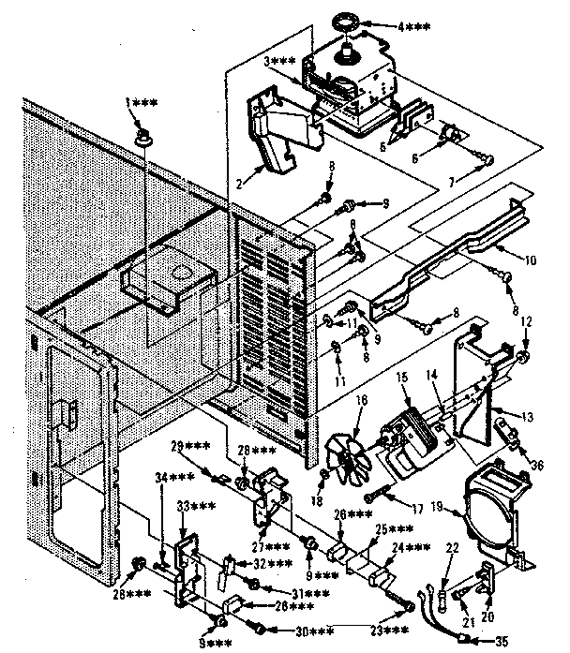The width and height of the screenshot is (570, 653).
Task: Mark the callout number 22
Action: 452,547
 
